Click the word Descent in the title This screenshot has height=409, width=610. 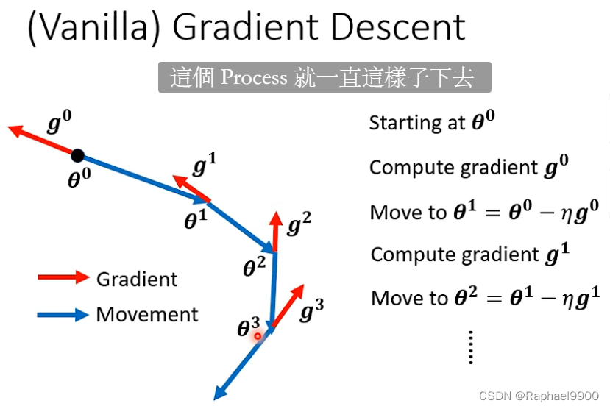tap(397, 27)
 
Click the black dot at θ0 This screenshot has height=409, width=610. tap(77, 155)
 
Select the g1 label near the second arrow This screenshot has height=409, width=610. tap(203, 166)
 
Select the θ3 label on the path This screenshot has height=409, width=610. tap(248, 328)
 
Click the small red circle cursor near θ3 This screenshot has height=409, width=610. tap(258, 336)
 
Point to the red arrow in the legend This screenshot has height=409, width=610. tap(63, 277)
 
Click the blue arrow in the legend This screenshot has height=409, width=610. tap(63, 315)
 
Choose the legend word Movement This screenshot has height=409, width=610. tap(147, 315)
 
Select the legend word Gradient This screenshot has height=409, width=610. tap(137, 279)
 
